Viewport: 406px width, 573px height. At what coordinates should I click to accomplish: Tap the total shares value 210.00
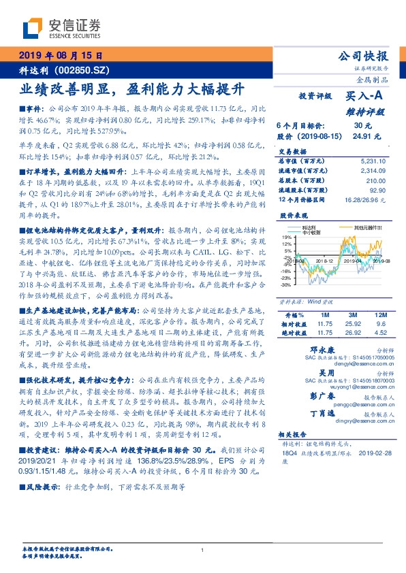pyautogui.click(x=377, y=180)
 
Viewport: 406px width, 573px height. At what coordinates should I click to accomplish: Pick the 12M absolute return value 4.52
pyautogui.click(x=379, y=334)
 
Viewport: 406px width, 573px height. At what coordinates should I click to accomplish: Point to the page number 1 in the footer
pyautogui.click(x=202, y=550)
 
